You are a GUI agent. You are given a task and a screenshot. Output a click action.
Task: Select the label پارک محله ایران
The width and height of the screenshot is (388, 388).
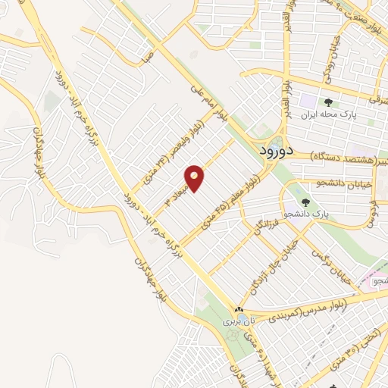(x=328, y=115)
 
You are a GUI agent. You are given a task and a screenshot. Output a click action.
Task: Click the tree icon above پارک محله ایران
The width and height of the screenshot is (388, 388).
(x=328, y=102)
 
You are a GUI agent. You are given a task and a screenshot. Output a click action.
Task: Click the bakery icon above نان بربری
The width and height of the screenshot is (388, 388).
(x=239, y=309)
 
